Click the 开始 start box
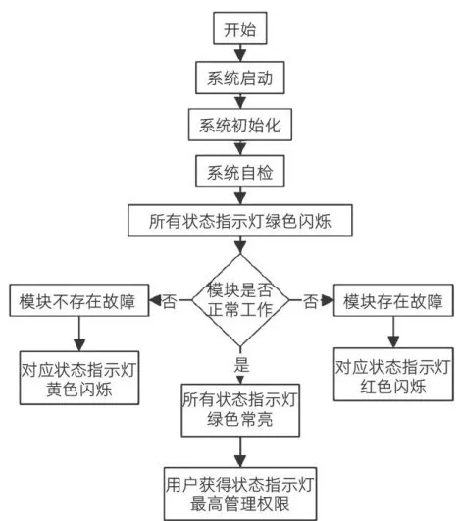[239, 28]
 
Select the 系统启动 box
[239, 78]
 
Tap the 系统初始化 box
[239, 125]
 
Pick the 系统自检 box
[239, 172]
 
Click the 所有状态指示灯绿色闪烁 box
[239, 221]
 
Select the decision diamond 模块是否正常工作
[239, 300]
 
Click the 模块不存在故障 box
[79, 300]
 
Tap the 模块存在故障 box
[393, 300]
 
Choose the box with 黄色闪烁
[79, 378]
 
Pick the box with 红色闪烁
[393, 375]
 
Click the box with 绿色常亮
[240, 410]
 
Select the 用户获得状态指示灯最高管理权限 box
[240, 495]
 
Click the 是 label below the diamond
[241, 364]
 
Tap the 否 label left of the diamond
[169, 301]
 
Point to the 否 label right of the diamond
[310, 301]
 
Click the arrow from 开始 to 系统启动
[240, 53]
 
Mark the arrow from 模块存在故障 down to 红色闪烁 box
[393, 332]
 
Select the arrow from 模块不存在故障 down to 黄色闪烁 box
[79, 334]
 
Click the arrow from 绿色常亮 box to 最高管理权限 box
[240, 452]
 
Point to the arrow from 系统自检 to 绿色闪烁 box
[240, 196]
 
